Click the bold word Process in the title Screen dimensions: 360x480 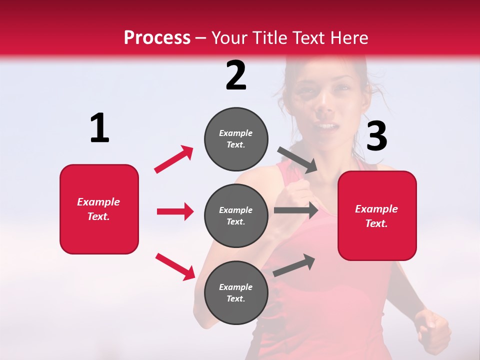[x=157, y=37]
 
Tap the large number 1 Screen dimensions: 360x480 [x=99, y=128]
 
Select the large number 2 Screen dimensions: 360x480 [x=236, y=75]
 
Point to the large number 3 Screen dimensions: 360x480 [x=377, y=136]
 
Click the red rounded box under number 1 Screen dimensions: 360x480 [x=99, y=209]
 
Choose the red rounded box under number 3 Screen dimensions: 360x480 [x=377, y=215]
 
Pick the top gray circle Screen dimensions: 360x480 [x=236, y=139]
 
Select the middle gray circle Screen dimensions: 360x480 [x=236, y=215]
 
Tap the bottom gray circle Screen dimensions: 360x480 [x=236, y=292]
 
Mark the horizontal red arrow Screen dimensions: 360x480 [x=175, y=211]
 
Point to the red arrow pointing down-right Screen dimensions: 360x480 [x=175, y=266]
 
